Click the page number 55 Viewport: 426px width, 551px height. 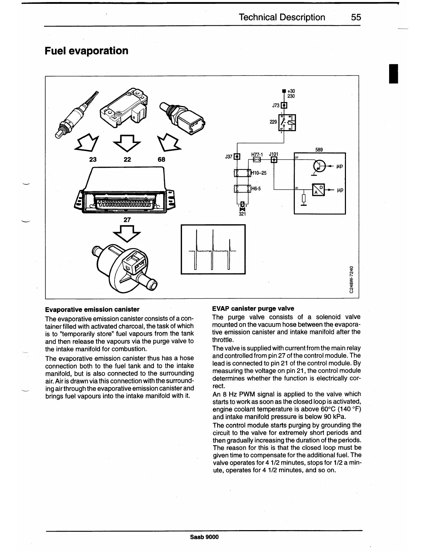pos(356,17)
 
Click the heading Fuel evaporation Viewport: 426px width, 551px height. pos(87,51)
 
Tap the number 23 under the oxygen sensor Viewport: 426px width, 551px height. pos(93,160)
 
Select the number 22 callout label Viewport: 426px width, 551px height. pos(127,160)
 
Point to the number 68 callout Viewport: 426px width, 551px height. pos(161,160)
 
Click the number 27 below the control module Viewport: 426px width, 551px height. pos(127,219)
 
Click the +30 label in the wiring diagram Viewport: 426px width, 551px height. pos(291,91)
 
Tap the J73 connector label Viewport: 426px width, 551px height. pos(276,105)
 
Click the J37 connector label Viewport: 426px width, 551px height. pos(229,157)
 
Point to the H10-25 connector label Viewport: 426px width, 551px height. pos(259,173)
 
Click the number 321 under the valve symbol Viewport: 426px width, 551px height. pos(242,214)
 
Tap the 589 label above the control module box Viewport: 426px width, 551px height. pos(319,150)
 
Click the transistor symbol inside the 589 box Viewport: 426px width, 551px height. pos(318,166)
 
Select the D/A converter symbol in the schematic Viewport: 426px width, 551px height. pos(318,190)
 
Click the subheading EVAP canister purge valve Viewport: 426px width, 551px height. pos(253,309)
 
